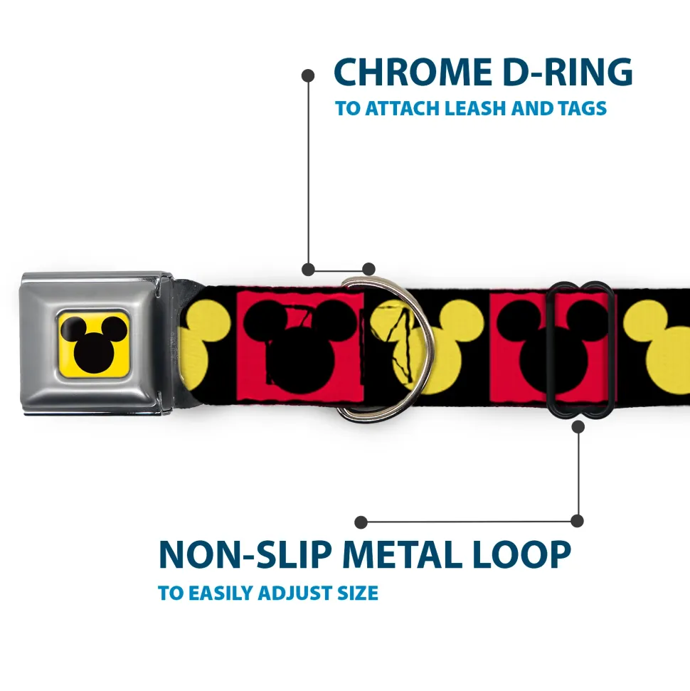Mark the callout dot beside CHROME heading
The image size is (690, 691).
(x=308, y=75)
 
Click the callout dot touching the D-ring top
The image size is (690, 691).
(x=368, y=269)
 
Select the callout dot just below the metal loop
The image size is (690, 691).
(x=578, y=427)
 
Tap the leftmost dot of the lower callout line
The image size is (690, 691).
(x=361, y=522)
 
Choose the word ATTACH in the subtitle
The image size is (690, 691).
(x=402, y=109)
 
